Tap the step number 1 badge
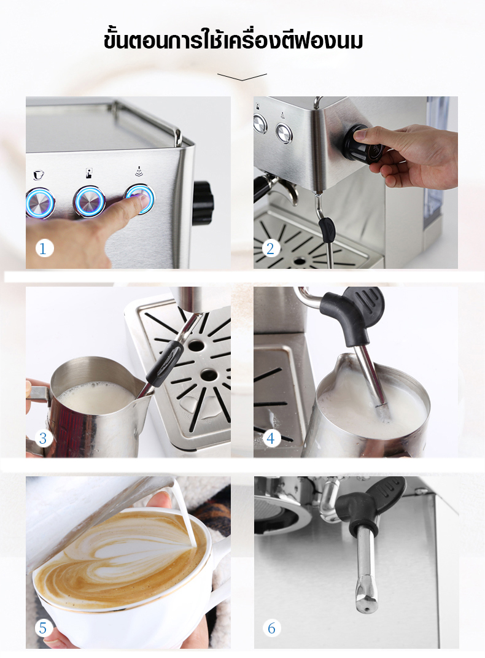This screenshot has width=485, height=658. pyautogui.click(x=42, y=249)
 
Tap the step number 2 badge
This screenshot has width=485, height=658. pyautogui.click(x=271, y=249)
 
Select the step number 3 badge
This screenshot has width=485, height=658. pyautogui.click(x=42, y=438)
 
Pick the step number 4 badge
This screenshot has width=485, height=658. pyautogui.click(x=271, y=438)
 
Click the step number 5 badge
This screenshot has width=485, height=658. pyautogui.click(x=42, y=628)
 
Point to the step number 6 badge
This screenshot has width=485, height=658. pyautogui.click(x=271, y=628)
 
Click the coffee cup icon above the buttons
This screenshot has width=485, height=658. pyautogui.click(x=38, y=175)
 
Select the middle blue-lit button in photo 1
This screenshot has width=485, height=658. pyautogui.click(x=89, y=201)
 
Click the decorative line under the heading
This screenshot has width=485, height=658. pyautogui.click(x=242, y=77)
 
